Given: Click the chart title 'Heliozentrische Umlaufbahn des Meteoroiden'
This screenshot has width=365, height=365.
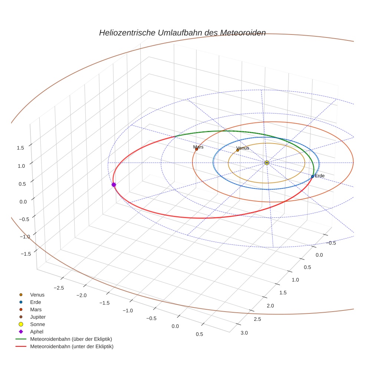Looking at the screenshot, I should point(182,33).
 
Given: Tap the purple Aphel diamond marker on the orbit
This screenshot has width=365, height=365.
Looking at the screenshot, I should point(114,184).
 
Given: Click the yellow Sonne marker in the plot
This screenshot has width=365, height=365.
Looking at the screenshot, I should point(266,162).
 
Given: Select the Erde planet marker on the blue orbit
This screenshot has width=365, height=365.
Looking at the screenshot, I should point(312,176).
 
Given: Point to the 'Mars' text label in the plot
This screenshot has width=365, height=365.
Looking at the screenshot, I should point(198,147).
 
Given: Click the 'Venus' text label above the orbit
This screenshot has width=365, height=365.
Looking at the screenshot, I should point(243,148).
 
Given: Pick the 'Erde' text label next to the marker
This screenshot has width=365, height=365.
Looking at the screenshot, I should point(320,175).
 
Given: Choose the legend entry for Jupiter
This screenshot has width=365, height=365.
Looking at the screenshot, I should point(38,317).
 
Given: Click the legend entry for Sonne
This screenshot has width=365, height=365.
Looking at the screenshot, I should point(37,324).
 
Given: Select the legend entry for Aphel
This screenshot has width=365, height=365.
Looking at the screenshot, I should point(37,332).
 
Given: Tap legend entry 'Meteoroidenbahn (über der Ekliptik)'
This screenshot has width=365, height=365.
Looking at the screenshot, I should point(71,339).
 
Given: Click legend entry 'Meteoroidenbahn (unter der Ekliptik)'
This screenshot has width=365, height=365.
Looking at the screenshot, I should point(72,346).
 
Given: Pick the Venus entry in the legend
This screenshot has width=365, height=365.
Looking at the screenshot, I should point(37,295).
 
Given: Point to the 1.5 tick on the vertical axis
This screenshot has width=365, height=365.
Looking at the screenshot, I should point(20,148).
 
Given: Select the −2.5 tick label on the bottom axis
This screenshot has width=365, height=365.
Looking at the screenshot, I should point(59,288).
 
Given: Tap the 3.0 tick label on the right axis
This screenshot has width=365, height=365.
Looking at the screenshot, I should point(244,333).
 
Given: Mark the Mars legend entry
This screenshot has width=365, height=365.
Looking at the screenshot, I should point(36,309).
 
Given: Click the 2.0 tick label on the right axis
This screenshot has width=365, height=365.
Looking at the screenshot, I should point(270,306).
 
